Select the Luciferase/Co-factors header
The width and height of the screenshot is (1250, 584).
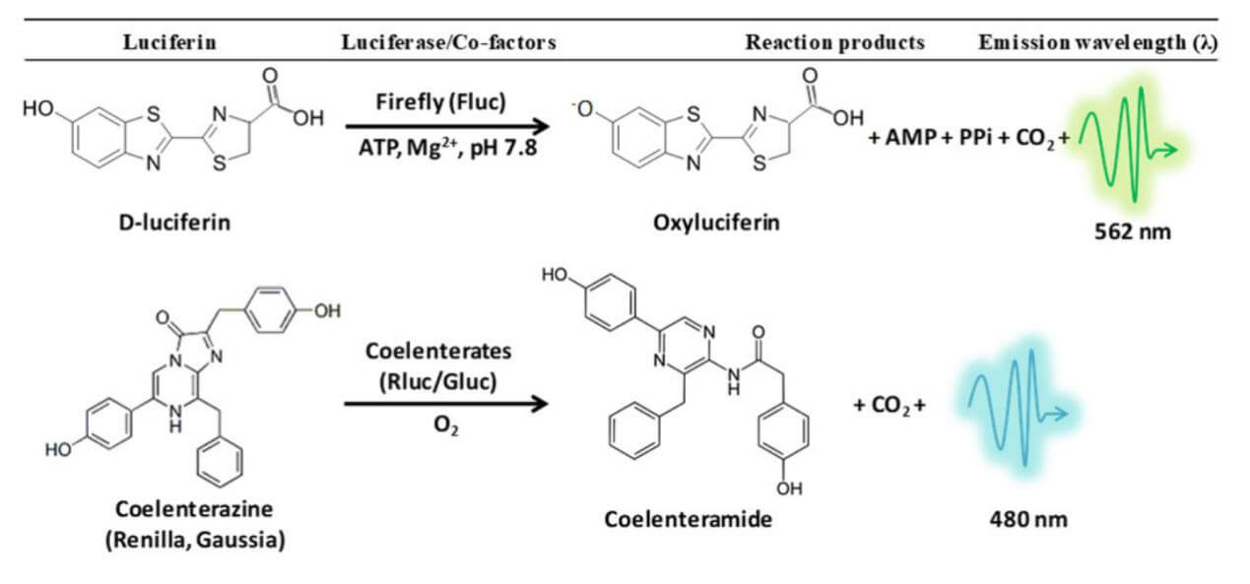click(x=447, y=42)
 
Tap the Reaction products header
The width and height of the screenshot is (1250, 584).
click(x=834, y=42)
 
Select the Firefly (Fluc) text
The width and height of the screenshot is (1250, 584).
click(x=445, y=101)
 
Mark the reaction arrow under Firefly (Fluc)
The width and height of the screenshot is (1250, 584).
click(x=445, y=126)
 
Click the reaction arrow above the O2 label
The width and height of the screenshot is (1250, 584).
click(x=445, y=404)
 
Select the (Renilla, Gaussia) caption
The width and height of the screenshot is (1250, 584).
click(x=197, y=541)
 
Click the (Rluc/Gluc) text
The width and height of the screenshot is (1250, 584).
click(x=445, y=379)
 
